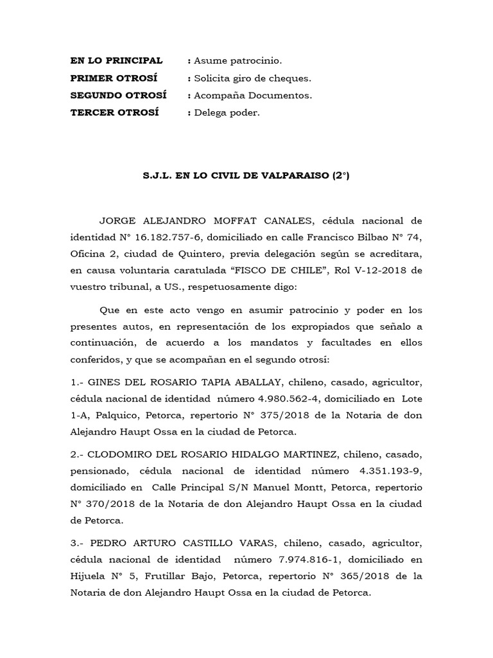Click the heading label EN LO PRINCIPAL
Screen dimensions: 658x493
(x=116, y=60)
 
